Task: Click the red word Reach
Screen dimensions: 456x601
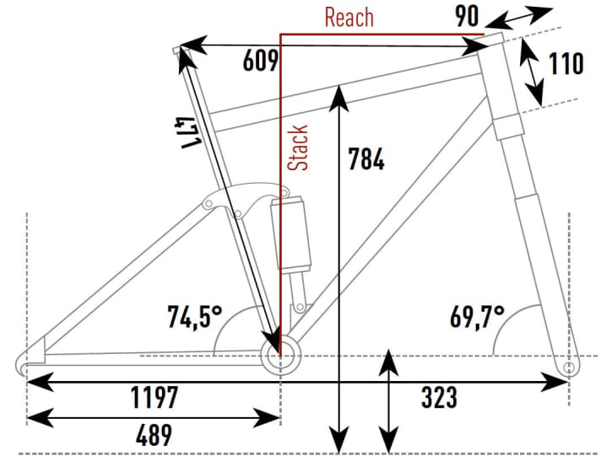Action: [348, 17]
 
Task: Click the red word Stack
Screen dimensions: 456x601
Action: [298, 148]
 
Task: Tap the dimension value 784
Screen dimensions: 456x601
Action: [366, 158]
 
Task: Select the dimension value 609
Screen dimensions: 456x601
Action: [260, 62]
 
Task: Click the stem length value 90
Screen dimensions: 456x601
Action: [468, 17]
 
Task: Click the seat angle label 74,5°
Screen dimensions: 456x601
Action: [193, 317]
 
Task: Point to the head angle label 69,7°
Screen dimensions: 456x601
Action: [475, 317]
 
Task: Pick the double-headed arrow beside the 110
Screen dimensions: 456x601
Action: [532, 71]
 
